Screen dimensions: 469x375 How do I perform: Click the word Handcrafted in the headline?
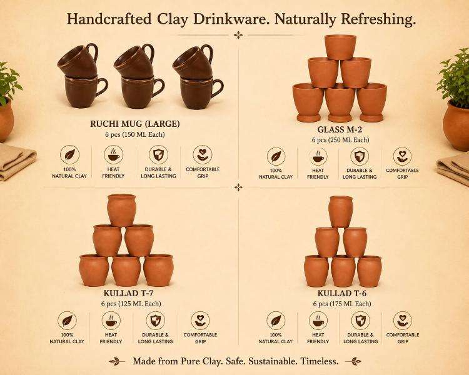point(109,19)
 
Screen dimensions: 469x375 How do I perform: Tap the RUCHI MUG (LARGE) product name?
point(135,124)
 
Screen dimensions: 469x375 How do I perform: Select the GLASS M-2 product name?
point(340,129)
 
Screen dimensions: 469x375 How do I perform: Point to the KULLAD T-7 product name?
point(129,293)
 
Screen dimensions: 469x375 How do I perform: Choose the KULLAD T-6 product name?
point(342,293)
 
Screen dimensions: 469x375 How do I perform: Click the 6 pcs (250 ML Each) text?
point(340,139)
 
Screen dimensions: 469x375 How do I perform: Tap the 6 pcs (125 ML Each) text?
point(131,304)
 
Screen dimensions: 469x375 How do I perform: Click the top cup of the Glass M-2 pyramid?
point(340,47)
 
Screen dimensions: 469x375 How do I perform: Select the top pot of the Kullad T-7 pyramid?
point(121,210)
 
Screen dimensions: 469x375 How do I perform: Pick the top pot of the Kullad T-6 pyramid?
point(340,211)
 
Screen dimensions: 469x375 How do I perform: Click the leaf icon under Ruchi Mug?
point(69,155)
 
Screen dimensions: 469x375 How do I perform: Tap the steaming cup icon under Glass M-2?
point(318,156)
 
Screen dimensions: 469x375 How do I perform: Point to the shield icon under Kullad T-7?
point(155,321)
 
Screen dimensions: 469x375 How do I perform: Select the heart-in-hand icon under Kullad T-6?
point(402,321)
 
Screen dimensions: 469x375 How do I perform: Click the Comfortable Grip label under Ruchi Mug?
point(203,172)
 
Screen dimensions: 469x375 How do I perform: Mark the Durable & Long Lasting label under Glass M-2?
point(360,174)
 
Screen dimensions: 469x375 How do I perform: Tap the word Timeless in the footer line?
point(319,361)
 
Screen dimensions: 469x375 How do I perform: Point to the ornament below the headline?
point(238,35)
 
